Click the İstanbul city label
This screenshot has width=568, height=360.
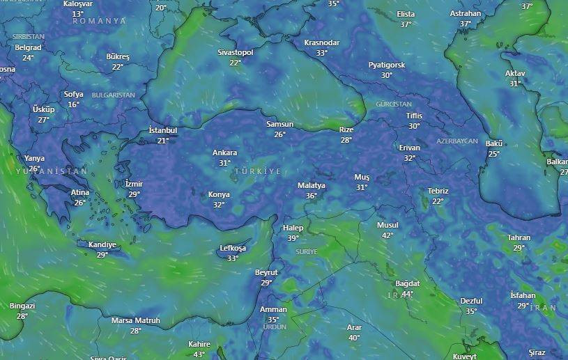pos(163,130)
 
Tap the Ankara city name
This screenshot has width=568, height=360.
pos(224,152)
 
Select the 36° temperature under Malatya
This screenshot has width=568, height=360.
pos(311,196)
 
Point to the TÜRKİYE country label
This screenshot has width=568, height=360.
pos(258,171)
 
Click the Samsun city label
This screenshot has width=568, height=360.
pos(280,124)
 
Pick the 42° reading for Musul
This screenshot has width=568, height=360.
pos(387,235)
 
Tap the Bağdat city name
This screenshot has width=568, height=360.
pos(408,283)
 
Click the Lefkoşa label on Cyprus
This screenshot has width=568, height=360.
pos(233,248)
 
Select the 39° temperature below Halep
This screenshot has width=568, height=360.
pos(293,238)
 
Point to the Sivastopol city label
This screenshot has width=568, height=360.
pos(235,52)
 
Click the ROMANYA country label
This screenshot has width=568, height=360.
pos(100,21)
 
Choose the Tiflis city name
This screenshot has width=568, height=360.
pos(414,116)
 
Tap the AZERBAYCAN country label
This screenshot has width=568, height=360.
pos(457,141)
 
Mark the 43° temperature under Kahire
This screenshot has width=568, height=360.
pos(199,354)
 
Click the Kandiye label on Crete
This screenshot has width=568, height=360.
pos(102,244)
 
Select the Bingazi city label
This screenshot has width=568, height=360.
pos(22,306)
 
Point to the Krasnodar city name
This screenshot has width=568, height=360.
pos(321,42)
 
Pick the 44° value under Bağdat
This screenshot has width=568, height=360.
pos(407,294)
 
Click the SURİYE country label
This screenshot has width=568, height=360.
pos(307,251)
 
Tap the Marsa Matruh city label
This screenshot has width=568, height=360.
pos(136,320)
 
